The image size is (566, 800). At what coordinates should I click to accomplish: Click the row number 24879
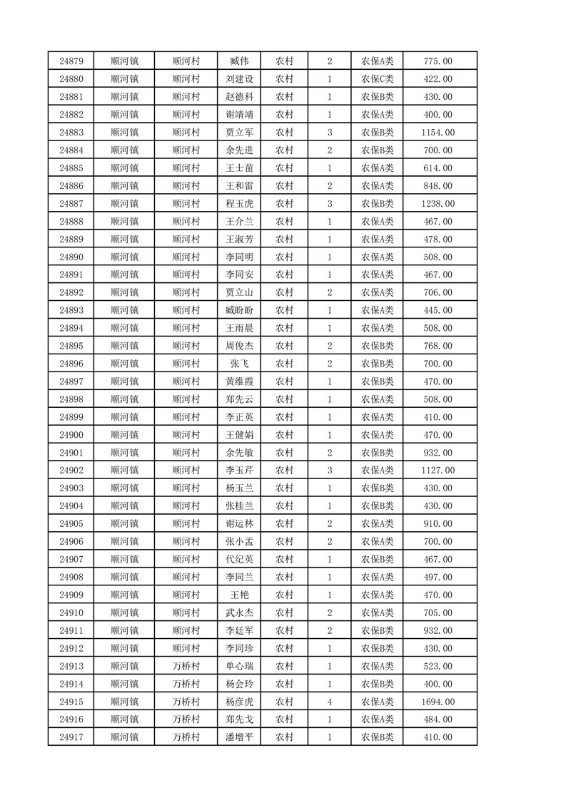pos(71,61)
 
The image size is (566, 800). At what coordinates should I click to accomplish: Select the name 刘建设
pos(239,79)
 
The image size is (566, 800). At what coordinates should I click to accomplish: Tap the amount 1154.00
pos(438,133)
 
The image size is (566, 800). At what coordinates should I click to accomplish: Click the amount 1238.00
pos(438,204)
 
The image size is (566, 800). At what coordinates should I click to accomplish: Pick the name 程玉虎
pos(239,204)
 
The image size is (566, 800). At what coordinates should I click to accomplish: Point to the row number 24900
pos(71,435)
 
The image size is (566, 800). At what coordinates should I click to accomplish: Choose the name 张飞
pos(239,364)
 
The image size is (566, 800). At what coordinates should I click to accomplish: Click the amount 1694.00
pos(438,702)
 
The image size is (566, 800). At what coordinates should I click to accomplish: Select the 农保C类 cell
pos(377,79)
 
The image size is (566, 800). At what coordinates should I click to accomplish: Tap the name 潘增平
pos(239,738)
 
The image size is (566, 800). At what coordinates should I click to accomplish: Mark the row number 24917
pos(71,738)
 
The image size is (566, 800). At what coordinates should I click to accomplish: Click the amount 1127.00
pos(438,471)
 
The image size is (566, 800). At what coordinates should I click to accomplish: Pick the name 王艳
pos(239,595)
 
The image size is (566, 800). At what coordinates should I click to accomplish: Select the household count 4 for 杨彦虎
pos(329,702)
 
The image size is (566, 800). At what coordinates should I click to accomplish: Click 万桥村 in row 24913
pos(186,667)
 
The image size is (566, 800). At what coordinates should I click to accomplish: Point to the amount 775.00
pos(438,61)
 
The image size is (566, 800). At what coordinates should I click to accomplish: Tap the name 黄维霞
pos(239,381)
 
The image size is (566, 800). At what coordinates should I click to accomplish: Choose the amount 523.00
pos(438,667)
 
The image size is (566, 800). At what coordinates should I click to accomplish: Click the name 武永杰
pos(239,613)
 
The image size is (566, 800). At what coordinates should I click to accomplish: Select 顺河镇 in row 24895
pos(125,346)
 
